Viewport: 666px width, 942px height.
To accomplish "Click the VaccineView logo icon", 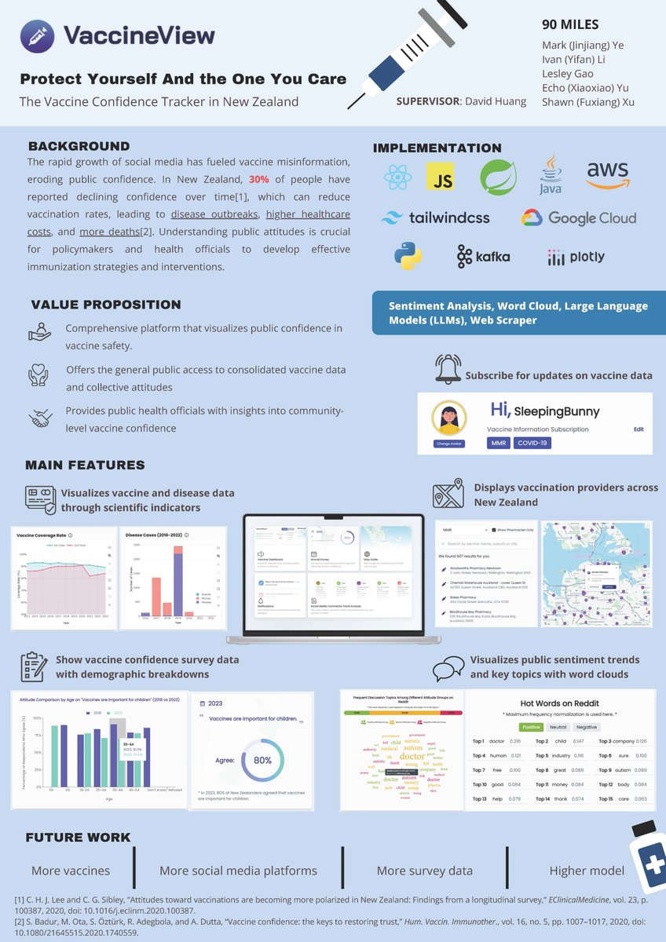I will (37, 36).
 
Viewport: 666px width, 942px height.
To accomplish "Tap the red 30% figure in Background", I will (260, 180).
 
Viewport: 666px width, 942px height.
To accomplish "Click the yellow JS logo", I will (441, 177).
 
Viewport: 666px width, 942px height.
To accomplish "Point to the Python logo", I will (408, 256).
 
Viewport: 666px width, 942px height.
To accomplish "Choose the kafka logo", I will (483, 256).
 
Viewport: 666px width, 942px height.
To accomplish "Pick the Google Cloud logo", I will (579, 217).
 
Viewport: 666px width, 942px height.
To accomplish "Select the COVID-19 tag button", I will (532, 443).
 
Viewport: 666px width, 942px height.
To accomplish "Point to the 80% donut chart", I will (262, 760).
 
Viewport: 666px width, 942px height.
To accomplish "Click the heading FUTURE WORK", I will (79, 837).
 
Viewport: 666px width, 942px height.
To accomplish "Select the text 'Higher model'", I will (587, 870).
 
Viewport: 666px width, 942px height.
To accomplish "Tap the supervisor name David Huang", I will (497, 101).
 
